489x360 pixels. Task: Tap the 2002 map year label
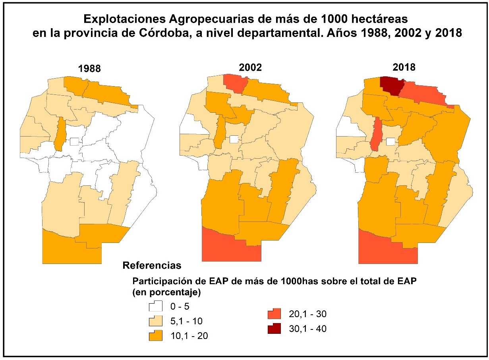[x=250, y=67]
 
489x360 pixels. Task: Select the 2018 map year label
[x=404, y=67]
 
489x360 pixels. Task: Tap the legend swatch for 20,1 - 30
[x=274, y=314]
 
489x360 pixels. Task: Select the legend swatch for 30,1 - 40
[x=274, y=329]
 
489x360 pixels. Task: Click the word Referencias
[x=152, y=265]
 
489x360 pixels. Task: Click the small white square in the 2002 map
[x=234, y=139]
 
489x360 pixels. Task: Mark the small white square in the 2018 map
[x=391, y=141]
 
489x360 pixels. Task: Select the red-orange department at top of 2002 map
[x=236, y=83]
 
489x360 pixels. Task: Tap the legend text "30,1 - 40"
[x=307, y=329]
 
